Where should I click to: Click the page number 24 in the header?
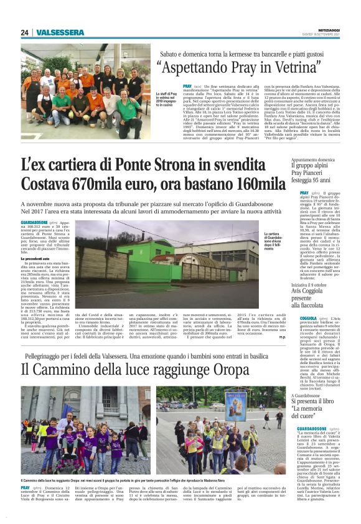[x=25, y=32]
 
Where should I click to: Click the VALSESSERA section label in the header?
[x=60, y=32]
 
